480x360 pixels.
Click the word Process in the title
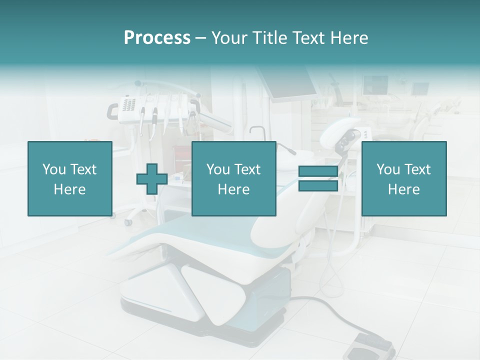(157, 38)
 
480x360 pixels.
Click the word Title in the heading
(270, 38)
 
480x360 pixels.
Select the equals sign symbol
(318, 179)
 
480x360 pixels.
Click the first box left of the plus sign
(69, 179)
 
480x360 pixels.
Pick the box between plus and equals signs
(233, 179)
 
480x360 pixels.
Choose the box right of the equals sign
(403, 179)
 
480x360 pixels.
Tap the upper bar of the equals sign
(318, 171)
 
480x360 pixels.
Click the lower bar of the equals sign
(318, 186)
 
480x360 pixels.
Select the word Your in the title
(228, 38)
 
